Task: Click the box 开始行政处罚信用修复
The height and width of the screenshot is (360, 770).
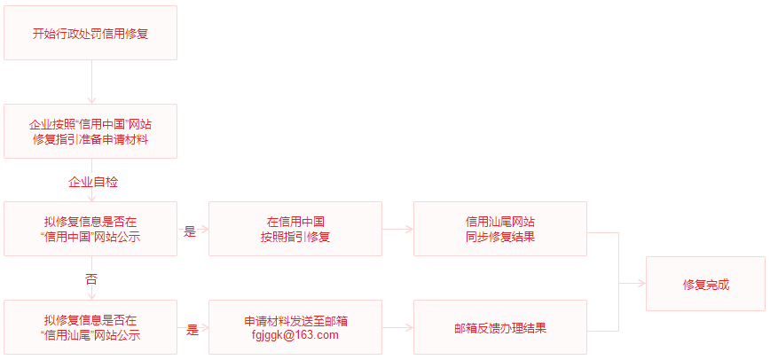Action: (90, 34)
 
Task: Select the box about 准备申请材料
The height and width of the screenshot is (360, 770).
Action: (90, 131)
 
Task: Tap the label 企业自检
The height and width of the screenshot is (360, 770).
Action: (93, 182)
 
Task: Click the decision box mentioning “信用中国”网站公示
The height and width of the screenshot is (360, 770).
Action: (90, 229)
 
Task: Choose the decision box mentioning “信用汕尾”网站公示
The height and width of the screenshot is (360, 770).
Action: (90, 327)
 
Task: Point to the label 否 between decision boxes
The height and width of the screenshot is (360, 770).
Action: (91, 278)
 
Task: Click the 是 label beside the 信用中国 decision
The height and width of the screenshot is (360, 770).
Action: (190, 231)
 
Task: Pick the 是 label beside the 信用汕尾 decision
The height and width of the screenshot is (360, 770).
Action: (192, 330)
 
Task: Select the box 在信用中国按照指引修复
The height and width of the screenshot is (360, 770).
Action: (295, 229)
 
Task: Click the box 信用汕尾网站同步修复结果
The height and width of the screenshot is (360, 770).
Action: (499, 229)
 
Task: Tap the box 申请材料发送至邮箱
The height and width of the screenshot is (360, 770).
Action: (295, 321)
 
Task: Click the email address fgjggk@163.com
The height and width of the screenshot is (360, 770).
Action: (295, 335)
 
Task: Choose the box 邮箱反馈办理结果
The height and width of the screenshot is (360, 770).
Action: (499, 327)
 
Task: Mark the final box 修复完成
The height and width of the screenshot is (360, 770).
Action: (705, 284)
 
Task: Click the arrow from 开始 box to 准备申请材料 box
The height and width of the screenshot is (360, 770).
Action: (91, 82)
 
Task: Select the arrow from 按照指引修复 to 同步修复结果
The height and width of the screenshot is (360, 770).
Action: (397, 229)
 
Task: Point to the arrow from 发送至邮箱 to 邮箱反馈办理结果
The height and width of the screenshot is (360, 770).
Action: (397, 327)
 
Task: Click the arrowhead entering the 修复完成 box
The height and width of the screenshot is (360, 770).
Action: (640, 284)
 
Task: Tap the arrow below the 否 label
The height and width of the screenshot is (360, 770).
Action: (91, 293)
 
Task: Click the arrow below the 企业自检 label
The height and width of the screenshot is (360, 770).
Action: (91, 196)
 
